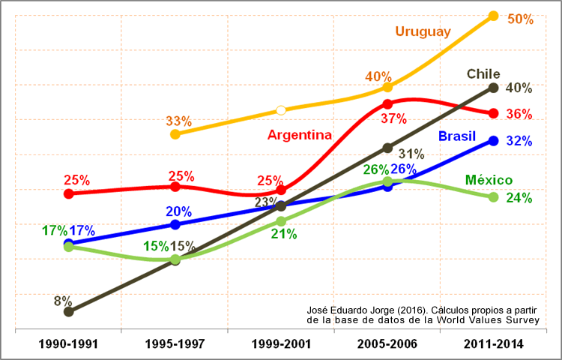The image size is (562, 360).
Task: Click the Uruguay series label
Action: (x=423, y=31)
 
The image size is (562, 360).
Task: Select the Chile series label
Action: (x=483, y=73)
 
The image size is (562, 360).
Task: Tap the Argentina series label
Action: (x=299, y=135)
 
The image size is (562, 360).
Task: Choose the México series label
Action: (x=489, y=180)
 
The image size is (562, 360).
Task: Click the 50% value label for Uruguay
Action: (x=520, y=19)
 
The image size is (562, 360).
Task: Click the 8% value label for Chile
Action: (x=62, y=301)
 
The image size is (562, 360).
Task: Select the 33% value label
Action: (x=178, y=121)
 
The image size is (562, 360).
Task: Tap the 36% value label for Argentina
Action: (x=519, y=115)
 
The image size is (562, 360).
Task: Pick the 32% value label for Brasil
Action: (x=519, y=140)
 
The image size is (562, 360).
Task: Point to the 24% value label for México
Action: (x=519, y=198)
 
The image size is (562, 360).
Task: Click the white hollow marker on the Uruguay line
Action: (x=281, y=110)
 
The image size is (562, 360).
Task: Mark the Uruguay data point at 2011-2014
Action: (x=493, y=16)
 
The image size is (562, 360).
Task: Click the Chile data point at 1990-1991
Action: (x=68, y=311)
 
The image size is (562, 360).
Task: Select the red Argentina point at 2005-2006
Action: (x=387, y=104)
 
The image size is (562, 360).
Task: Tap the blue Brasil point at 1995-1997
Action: (x=175, y=224)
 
